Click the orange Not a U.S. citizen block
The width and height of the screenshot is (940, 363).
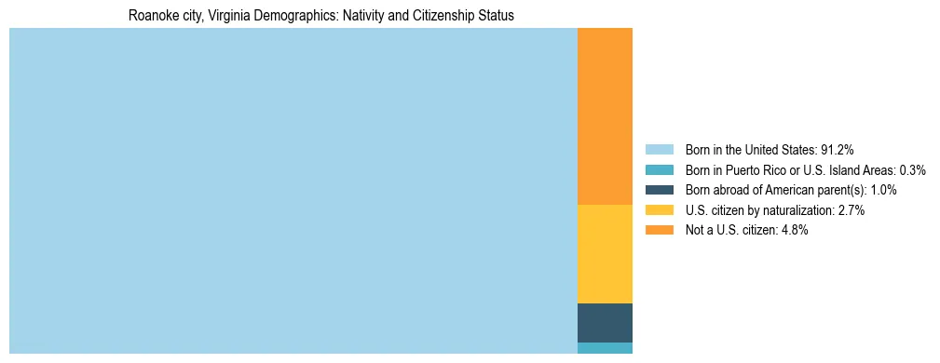[x=605, y=116]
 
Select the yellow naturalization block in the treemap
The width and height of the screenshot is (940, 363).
[x=605, y=253]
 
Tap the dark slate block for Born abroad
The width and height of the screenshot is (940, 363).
[x=605, y=322]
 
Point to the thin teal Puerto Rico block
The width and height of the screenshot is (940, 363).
[x=605, y=348]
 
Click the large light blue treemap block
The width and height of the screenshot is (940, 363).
[x=293, y=191]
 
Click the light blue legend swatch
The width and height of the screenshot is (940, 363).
[x=659, y=150]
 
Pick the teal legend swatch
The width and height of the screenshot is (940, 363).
[x=659, y=170]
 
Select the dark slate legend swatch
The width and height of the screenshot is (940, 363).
[x=659, y=190]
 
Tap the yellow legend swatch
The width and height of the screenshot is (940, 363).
[x=659, y=210]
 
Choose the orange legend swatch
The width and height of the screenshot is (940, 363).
[x=659, y=231]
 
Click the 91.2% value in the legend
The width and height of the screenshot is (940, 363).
[x=837, y=150]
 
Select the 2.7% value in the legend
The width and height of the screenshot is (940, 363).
[x=851, y=210]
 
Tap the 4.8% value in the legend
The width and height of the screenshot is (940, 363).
[x=794, y=231]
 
